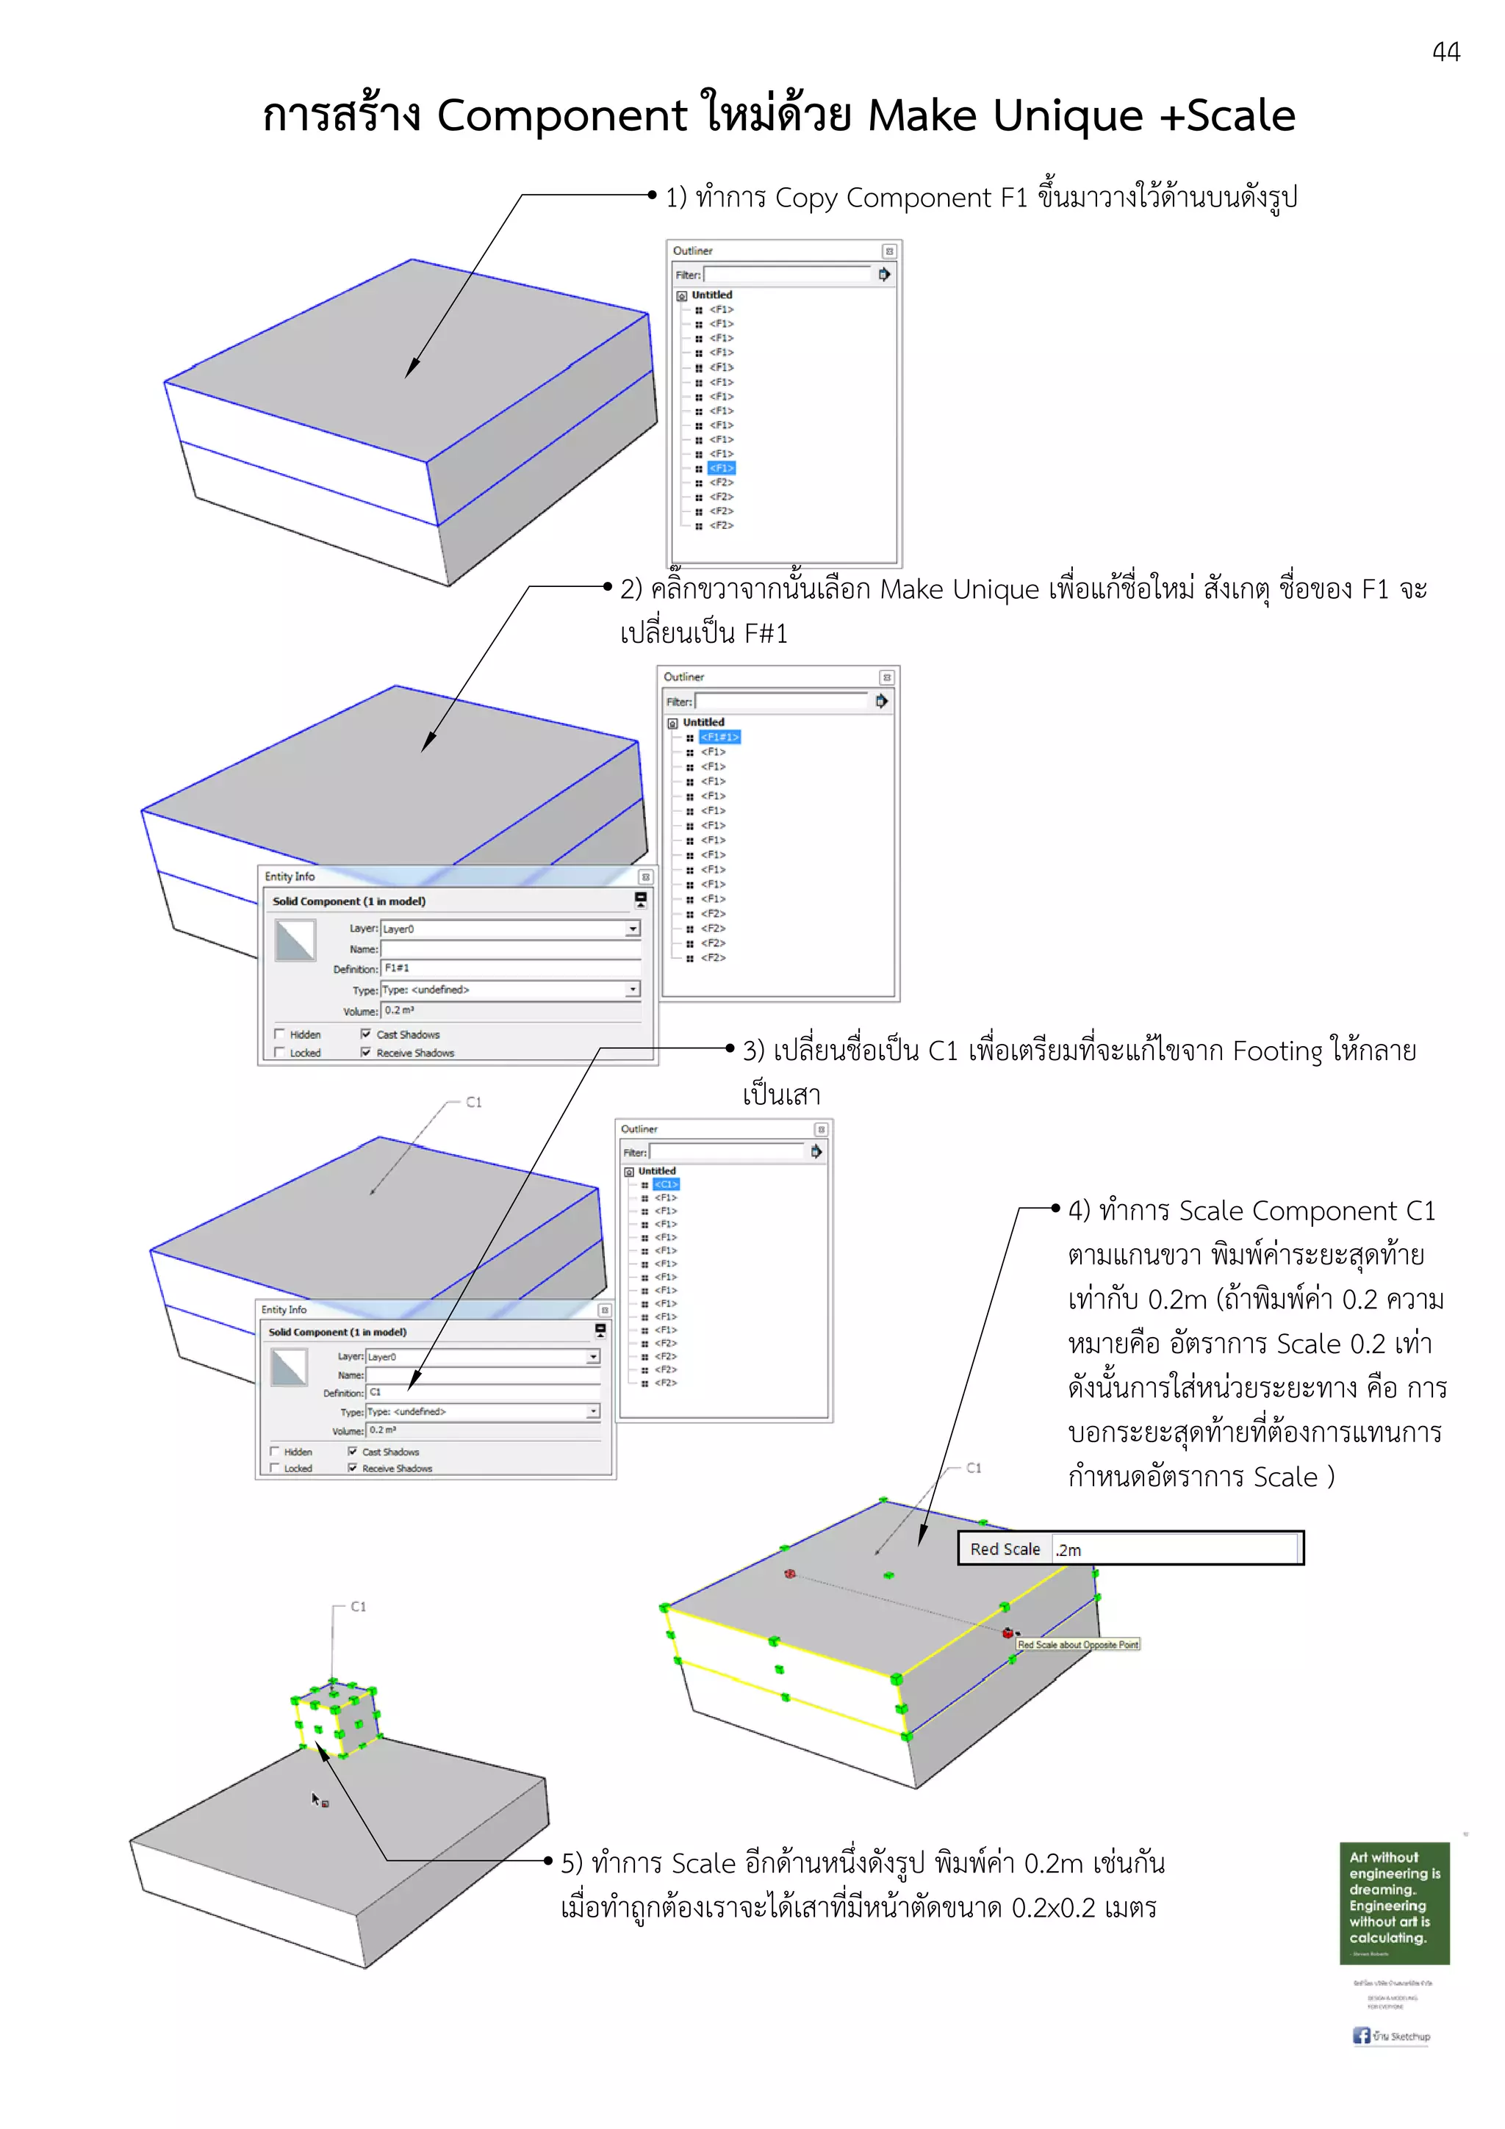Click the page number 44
tap(1445, 52)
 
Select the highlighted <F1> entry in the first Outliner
tap(722, 468)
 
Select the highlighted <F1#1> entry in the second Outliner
tap(719, 737)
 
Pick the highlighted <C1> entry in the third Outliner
tap(666, 1184)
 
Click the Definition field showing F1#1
tap(510, 968)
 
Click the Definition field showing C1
tap(482, 1392)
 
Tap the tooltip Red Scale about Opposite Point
tap(1077, 1644)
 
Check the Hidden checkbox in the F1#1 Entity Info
tap(279, 1034)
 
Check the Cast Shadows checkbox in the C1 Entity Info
tap(353, 1451)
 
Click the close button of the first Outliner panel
tap(888, 251)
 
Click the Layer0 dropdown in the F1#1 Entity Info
tap(510, 928)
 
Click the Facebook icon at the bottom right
tap(1360, 2036)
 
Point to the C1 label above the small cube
tap(358, 1606)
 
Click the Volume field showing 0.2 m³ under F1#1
tap(510, 1011)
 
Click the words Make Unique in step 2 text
tap(959, 590)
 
